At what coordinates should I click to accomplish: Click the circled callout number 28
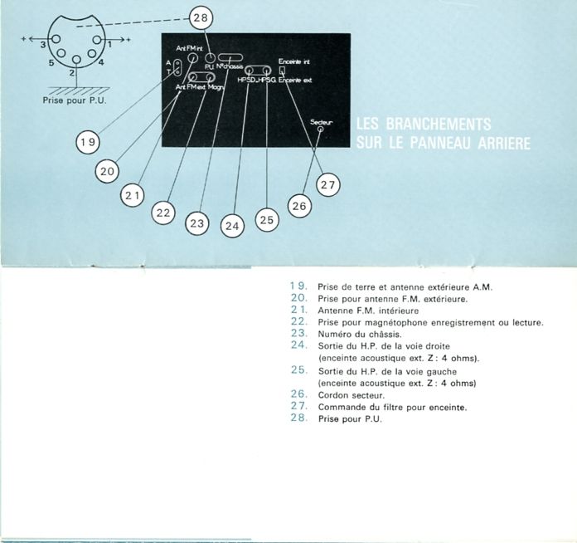pos(201,16)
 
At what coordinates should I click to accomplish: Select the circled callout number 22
pos(164,213)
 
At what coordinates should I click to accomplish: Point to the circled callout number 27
pos(327,185)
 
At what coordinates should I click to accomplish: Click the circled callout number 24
pos(232,224)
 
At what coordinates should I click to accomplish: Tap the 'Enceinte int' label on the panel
pos(294,62)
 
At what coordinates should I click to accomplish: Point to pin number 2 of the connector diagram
pos(73,73)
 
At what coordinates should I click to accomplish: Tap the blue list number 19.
pos(299,286)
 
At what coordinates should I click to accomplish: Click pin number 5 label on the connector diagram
pos(51,62)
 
